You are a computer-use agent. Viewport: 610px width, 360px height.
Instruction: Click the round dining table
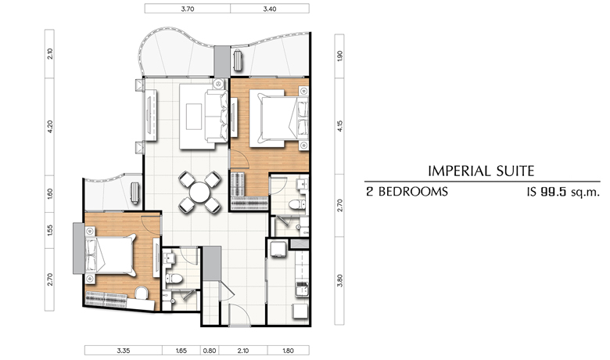[199, 193]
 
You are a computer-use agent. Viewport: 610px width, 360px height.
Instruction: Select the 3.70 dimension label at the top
[188, 9]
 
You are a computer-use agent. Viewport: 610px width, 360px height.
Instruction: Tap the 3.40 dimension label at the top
[270, 9]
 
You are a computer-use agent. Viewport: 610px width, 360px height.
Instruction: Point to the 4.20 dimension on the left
[50, 127]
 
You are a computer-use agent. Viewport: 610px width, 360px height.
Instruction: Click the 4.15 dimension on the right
[340, 126]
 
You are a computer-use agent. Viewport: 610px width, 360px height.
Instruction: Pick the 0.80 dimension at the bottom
[210, 351]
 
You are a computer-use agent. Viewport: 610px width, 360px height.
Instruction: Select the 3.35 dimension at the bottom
[124, 351]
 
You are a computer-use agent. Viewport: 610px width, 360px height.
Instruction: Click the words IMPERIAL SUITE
[481, 171]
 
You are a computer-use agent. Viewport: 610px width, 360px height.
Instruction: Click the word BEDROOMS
[413, 192]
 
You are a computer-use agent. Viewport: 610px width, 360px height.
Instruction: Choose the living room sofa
[217, 116]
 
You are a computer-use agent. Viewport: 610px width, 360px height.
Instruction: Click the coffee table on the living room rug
[194, 117]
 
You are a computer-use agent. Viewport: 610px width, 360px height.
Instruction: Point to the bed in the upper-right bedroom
[279, 118]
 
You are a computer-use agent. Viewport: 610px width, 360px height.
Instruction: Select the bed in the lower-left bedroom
[109, 255]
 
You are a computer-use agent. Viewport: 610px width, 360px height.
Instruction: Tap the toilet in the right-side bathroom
[297, 205]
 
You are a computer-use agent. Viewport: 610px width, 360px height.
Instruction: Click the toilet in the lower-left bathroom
[174, 279]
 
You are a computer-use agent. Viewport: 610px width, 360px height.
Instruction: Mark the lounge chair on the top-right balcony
[238, 61]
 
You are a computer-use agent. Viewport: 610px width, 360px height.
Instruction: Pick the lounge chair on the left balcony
[135, 193]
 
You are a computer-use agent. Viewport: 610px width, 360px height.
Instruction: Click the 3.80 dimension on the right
[340, 280]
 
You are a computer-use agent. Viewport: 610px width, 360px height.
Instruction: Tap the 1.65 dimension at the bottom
[181, 351]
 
